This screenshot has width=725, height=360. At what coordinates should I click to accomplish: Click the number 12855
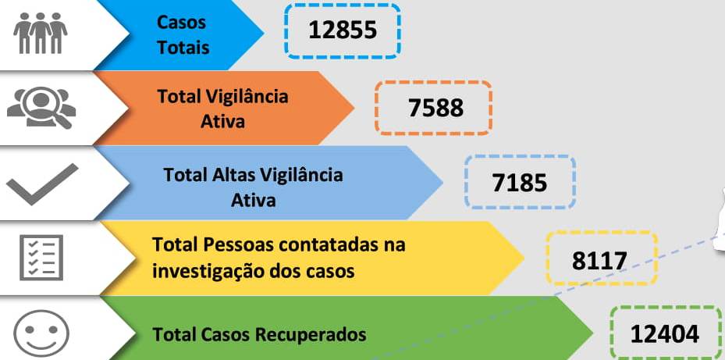(343, 30)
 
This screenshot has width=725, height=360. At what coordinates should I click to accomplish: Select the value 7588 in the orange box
(435, 109)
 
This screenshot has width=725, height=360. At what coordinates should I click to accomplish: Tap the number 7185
(519, 183)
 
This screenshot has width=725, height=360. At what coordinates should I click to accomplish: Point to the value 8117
(599, 261)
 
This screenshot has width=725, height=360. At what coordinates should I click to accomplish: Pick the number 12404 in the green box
(665, 334)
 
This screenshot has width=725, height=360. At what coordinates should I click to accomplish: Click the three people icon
(41, 33)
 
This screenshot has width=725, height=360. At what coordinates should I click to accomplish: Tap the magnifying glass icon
(41, 108)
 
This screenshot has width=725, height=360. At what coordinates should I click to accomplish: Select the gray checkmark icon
(42, 184)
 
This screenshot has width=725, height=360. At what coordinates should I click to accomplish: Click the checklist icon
(41, 258)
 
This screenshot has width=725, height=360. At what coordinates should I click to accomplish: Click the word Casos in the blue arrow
(181, 22)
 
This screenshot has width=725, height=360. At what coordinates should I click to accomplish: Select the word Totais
(183, 48)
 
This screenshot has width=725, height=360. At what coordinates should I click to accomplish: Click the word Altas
(233, 175)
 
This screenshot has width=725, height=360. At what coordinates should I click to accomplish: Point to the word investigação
(208, 272)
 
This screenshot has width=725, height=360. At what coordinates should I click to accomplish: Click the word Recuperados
(314, 334)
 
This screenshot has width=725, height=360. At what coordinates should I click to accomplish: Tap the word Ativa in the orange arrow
(223, 122)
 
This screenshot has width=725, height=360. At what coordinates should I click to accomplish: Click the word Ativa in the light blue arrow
(254, 201)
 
